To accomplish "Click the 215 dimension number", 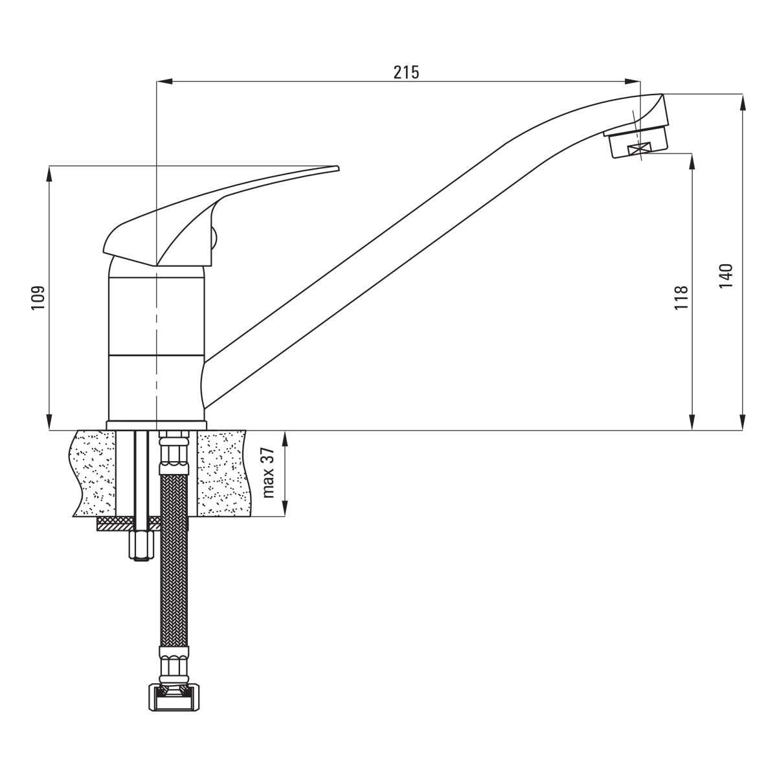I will point(407,72).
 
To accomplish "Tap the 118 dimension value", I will point(681,298).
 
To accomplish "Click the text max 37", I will point(269,473).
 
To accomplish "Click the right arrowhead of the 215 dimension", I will point(635,82).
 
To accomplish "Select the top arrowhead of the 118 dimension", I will point(693,159).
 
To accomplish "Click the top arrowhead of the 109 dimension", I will point(49,172).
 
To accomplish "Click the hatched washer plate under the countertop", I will point(123,523).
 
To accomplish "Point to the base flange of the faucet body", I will point(156,425).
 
